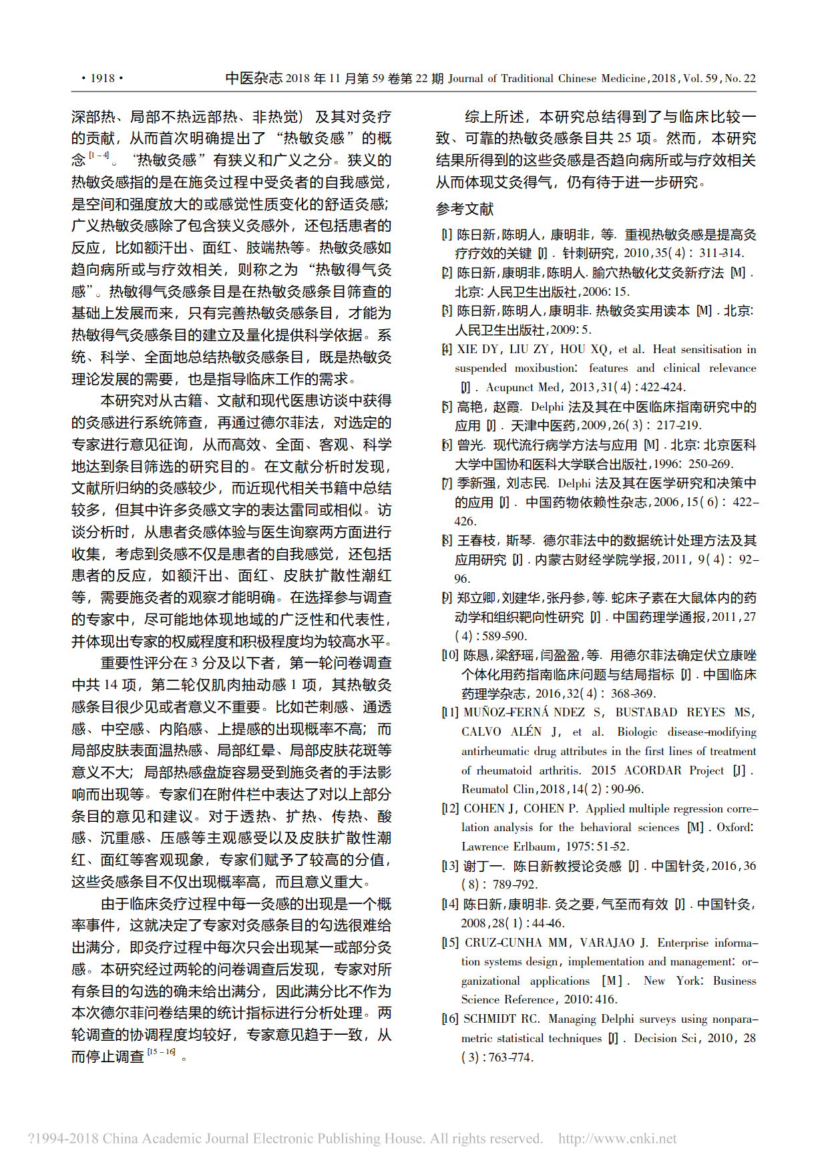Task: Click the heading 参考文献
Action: coord(465,209)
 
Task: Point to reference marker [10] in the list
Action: coord(450,655)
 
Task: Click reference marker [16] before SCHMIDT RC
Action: coord(450,1019)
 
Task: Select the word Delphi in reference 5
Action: coord(548,407)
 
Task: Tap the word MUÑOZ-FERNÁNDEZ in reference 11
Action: coord(524,712)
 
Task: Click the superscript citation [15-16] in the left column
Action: coord(161,1052)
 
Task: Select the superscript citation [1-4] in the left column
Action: coord(99,156)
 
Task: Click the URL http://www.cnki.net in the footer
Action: coord(617,1138)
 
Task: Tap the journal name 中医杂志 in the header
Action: coord(254,78)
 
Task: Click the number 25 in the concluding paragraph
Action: coord(624,138)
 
